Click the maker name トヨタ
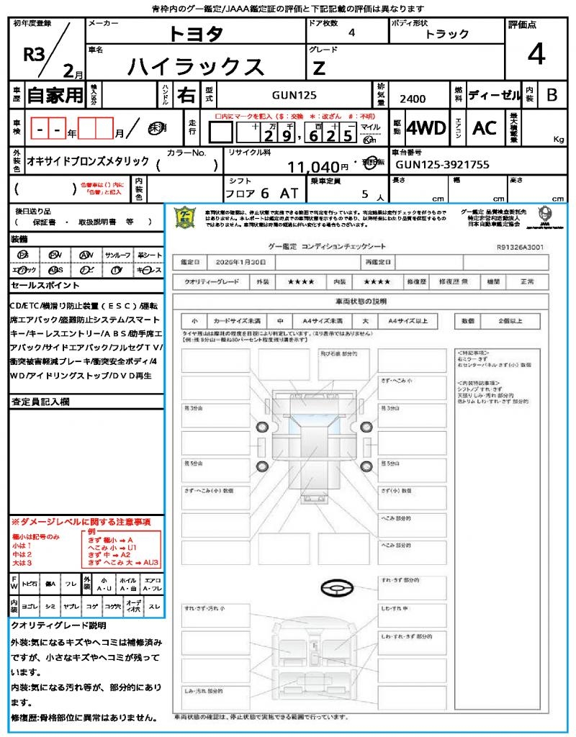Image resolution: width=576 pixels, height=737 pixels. click(x=196, y=33)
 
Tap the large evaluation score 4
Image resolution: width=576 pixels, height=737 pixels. click(x=536, y=55)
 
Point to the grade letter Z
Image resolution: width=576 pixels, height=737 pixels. click(x=319, y=68)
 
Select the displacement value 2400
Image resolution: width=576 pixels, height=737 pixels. click(x=413, y=99)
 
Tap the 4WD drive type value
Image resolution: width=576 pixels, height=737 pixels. click(x=426, y=128)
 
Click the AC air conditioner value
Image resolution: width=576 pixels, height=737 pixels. click(x=485, y=128)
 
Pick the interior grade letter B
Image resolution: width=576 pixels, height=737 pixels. click(x=552, y=94)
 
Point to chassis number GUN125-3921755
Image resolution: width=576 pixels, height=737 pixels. click(x=443, y=165)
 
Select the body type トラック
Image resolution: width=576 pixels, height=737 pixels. click(x=446, y=34)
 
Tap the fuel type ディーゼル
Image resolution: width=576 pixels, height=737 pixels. click(x=495, y=94)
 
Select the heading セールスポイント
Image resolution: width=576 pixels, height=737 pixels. click(x=40, y=286)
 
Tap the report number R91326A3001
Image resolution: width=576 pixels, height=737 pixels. click(x=520, y=247)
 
